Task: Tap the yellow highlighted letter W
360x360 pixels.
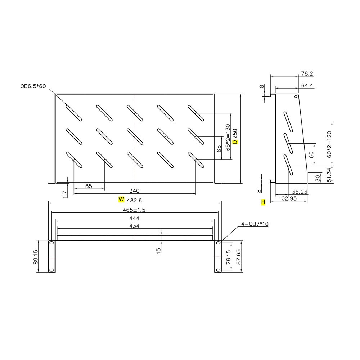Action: (x=122, y=199)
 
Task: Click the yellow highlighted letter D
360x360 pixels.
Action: (x=235, y=142)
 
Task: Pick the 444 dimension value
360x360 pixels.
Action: (x=134, y=218)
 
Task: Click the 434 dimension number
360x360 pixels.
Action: (x=134, y=226)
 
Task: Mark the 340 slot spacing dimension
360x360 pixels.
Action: (x=134, y=191)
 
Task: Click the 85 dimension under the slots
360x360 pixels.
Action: (x=89, y=186)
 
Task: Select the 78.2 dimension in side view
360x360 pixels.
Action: (x=307, y=73)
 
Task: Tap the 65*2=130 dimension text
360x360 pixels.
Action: (x=228, y=137)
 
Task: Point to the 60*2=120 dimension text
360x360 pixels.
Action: (x=329, y=143)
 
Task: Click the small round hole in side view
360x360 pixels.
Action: (x=296, y=96)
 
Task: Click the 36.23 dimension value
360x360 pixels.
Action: (x=300, y=192)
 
